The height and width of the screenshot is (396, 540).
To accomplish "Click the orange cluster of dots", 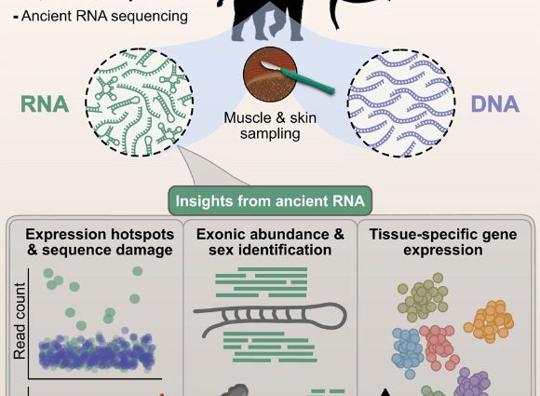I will pyautogui.click(x=494, y=320).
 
